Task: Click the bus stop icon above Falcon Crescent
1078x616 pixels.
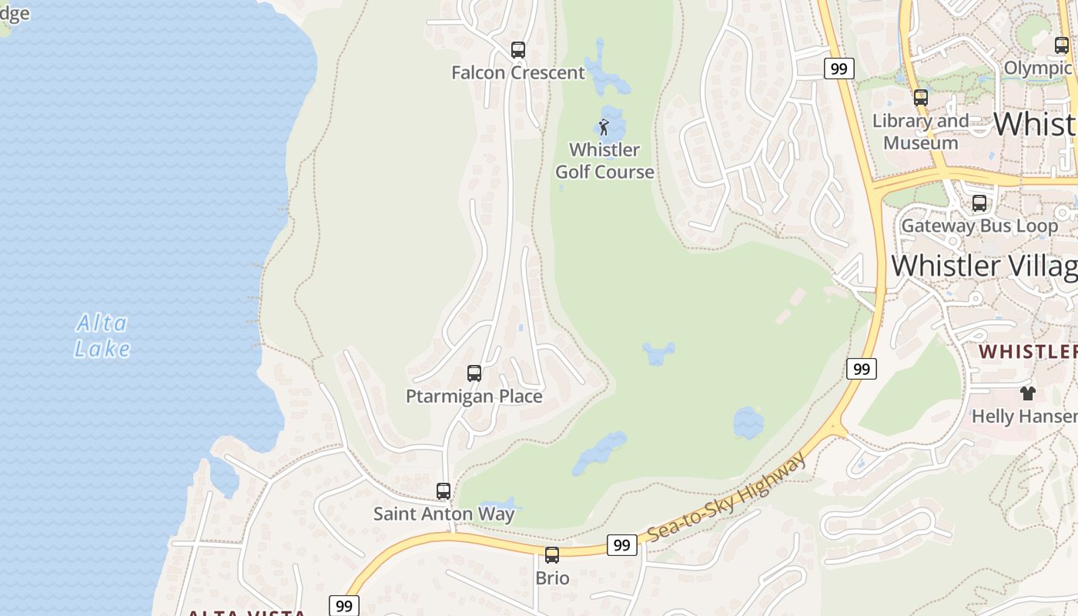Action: pos(518,50)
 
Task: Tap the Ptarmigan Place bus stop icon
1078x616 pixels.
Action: pos(474,373)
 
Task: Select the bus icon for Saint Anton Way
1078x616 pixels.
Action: pos(444,490)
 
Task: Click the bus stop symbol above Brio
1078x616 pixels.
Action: pos(552,554)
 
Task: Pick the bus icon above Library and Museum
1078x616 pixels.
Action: pos(921,98)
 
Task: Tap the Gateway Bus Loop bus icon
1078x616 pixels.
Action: pos(979,203)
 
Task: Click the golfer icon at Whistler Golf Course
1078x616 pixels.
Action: pos(604,127)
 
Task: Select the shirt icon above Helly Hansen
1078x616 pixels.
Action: pos(1027,393)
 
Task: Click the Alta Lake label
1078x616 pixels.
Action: pos(102,336)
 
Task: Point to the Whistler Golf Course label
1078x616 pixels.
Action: pos(605,160)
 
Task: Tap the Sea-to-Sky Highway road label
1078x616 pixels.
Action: pos(727,497)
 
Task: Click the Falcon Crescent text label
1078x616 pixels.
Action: pos(518,73)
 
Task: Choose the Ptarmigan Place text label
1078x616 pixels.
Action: pos(474,397)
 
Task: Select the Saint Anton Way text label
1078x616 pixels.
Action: pos(444,514)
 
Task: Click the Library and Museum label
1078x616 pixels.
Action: pos(921,132)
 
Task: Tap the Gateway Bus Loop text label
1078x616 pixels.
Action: pos(979,226)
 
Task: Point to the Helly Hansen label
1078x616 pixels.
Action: pos(1024,417)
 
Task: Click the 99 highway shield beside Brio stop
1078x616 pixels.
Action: pos(621,545)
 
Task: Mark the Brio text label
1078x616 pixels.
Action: pos(553,578)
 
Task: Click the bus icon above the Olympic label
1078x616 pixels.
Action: pos(1062,45)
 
